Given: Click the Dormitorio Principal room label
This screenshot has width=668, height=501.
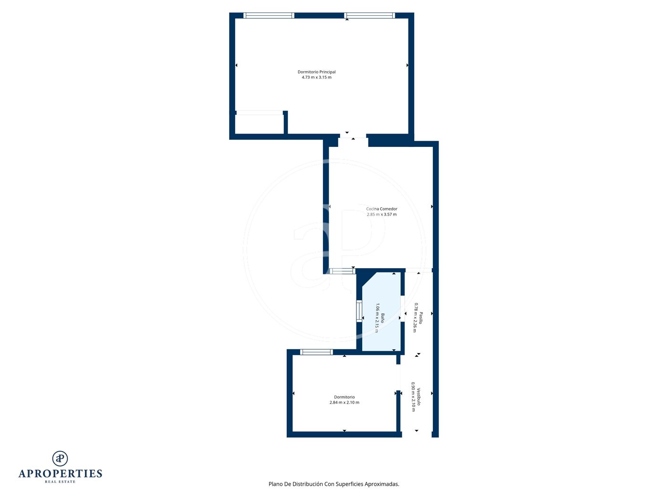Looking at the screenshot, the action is (316, 72).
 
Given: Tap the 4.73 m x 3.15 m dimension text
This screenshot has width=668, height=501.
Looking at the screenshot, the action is (316, 77).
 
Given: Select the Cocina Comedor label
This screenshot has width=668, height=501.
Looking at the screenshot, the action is (382, 209).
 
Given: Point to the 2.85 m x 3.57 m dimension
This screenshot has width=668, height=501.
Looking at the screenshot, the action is (382, 214).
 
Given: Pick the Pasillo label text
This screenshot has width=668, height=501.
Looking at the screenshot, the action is (420, 318).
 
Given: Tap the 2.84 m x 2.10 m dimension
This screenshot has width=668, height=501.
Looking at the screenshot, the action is (344, 402).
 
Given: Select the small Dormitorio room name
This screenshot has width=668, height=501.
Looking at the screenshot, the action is (344, 397).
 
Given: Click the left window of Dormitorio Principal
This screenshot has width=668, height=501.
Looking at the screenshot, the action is (269, 16).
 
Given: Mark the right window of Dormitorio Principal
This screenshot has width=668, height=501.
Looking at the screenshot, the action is (369, 16).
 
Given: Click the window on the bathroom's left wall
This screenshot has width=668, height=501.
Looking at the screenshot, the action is (359, 311).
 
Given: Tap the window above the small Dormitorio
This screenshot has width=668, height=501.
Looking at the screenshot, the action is (316, 352).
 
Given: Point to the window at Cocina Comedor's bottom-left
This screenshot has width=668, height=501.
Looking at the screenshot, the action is (343, 271).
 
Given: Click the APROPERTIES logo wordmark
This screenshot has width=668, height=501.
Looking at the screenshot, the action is (60, 474).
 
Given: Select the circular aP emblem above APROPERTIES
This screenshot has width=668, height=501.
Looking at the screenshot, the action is (60, 459).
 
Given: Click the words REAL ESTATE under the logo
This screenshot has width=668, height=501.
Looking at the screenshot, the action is (60, 482).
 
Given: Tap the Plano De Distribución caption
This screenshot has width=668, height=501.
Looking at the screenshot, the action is (334, 484).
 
